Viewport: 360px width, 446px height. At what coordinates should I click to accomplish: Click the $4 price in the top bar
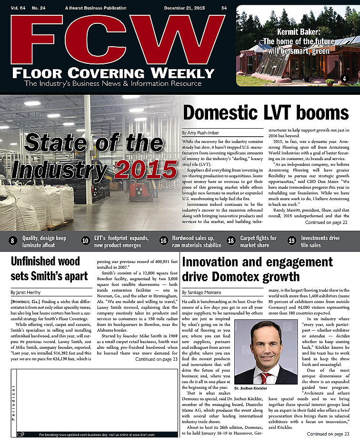pos(224,8)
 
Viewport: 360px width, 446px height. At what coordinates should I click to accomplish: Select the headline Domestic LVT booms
pos(266,113)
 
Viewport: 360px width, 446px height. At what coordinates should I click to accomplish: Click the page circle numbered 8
pos(13,241)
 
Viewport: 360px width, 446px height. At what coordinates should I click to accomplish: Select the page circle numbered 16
pos(163,241)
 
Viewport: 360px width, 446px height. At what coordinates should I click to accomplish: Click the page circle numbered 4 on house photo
pos(344,78)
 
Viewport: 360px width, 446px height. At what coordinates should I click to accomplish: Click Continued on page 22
pos(327,223)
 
